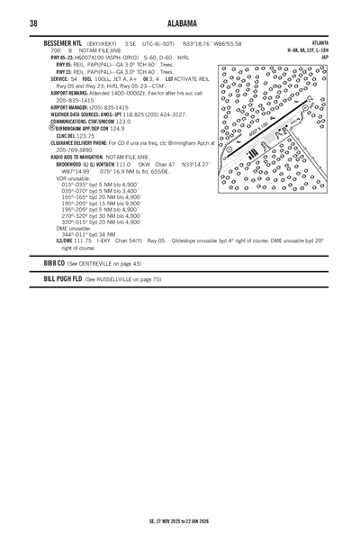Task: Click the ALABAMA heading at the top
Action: pyautogui.click(x=179, y=23)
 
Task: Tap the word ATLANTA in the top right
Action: pyautogui.click(x=319, y=43)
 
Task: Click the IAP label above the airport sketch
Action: pyautogui.click(x=323, y=59)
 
